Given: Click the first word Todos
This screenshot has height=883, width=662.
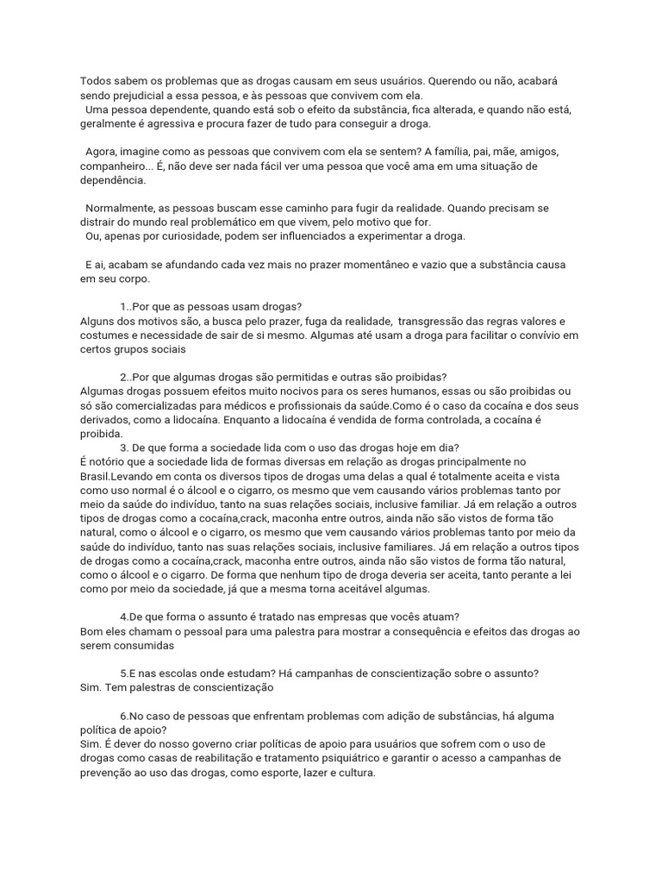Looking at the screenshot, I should pos(97,81).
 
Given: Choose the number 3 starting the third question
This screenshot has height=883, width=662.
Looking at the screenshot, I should pos(124,448).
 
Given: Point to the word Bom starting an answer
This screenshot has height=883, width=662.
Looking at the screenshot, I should pos(91,631).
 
